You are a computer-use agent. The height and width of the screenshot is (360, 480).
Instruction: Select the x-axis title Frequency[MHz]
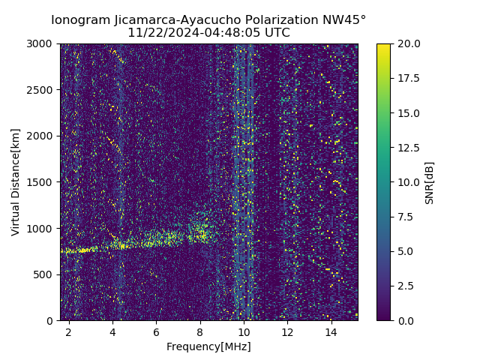208,346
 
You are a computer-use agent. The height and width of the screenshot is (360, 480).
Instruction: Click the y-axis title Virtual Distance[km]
16,181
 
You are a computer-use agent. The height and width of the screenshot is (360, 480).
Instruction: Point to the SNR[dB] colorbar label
430,182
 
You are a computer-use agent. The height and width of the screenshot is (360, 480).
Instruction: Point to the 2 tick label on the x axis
69,331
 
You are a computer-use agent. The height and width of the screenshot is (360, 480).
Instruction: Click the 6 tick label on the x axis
156,331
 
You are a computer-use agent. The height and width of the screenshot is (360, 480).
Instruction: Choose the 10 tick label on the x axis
243,331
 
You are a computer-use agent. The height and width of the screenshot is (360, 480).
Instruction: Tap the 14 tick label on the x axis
330,331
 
